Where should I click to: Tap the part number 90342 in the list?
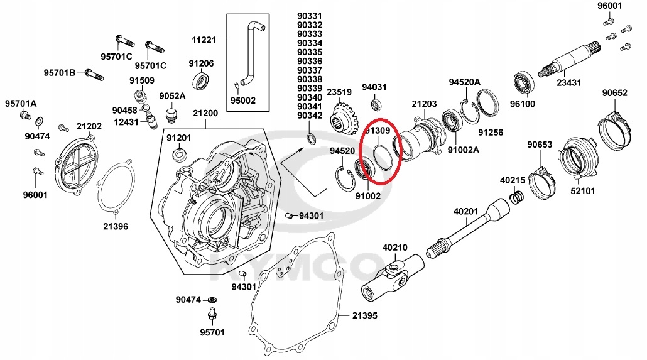pyautogui.click(x=310, y=116)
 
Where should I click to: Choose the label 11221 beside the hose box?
pyautogui.click(x=204, y=40)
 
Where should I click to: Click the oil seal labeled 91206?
pyautogui.click(x=202, y=81)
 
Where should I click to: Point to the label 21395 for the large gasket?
pyautogui.click(x=364, y=314)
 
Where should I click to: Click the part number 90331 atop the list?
pyautogui.click(x=310, y=16)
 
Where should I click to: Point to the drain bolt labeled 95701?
pyautogui.click(x=212, y=314)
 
